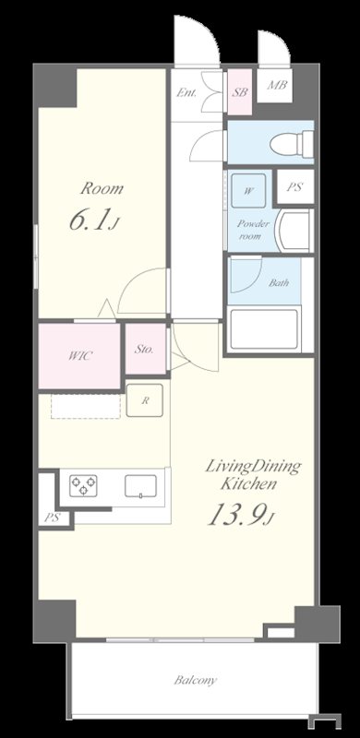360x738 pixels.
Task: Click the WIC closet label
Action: (79, 356)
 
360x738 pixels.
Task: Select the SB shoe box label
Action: (239, 92)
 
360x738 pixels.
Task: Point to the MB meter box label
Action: (277, 86)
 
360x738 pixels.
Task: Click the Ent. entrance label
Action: (186, 92)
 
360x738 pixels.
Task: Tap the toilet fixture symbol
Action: (292, 144)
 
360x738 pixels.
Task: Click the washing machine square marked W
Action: (249, 191)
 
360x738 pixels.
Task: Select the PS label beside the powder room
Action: (294, 187)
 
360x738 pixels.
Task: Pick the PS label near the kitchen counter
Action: (52, 518)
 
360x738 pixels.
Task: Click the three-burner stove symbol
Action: (83, 486)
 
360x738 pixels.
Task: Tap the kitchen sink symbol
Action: (140, 486)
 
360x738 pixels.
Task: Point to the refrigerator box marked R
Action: (145, 400)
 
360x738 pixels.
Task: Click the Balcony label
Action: (196, 680)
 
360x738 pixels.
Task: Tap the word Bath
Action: (279, 283)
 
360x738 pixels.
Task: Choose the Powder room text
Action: (253, 230)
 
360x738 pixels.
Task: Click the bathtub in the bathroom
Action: (264, 328)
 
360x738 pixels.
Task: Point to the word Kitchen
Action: (248, 484)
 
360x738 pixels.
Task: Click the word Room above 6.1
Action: (102, 189)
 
